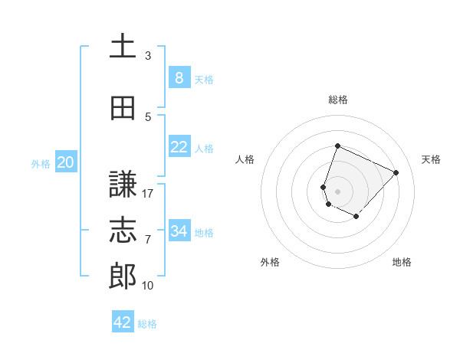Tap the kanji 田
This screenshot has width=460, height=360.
123,109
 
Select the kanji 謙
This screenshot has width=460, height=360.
123,185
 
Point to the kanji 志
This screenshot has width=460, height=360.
123,231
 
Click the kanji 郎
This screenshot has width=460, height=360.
123,277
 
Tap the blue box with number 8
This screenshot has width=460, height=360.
179,77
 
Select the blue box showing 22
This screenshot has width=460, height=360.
179,147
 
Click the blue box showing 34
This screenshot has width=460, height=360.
179,231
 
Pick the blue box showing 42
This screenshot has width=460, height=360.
123,322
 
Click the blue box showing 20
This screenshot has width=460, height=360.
66,162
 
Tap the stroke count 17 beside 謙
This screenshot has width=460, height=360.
148,194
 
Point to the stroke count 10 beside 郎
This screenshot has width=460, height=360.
148,286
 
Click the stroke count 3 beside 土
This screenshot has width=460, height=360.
148,56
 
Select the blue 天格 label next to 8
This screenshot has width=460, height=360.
204,79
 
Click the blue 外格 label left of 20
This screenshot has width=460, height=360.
41,163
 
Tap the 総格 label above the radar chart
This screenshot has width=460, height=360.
337,100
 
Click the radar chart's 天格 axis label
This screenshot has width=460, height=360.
431,159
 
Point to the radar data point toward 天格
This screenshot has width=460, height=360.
396,172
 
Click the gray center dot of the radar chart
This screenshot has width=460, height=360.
337,191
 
